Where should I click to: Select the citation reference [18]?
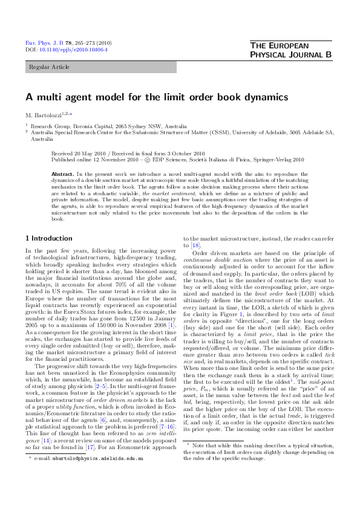(x=195, y=246)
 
